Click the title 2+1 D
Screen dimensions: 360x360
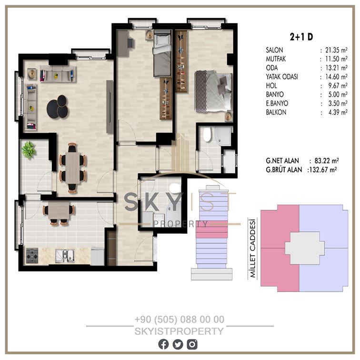(x=301, y=37)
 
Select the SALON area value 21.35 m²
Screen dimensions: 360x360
(x=336, y=50)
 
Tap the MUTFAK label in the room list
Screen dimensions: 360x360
(x=276, y=59)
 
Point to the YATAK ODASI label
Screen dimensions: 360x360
(x=282, y=77)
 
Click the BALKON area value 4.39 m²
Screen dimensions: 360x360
(x=338, y=112)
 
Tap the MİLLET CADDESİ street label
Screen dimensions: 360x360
(x=252, y=249)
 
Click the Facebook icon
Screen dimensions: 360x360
(x=163, y=344)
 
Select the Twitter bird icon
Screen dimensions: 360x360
(x=178, y=344)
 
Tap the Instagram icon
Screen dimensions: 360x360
(x=192, y=344)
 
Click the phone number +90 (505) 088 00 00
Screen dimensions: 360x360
(x=180, y=320)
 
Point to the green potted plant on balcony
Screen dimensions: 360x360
(x=29, y=150)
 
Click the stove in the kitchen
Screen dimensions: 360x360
(x=32, y=256)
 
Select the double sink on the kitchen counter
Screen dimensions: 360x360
(x=65, y=256)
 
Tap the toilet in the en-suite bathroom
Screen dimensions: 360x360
(x=207, y=135)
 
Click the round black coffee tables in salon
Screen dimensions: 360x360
(x=58, y=107)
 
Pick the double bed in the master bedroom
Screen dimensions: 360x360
(x=213, y=91)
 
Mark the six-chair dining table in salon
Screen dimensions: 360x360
(x=73, y=168)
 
